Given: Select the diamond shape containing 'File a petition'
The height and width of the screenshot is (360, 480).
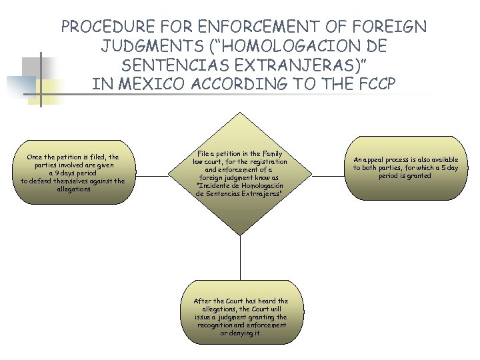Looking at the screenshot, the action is (x=240, y=175).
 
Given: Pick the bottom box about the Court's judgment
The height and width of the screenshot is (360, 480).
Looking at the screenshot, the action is (x=241, y=317).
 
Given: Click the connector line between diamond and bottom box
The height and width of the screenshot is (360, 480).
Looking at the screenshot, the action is (x=240, y=260).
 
